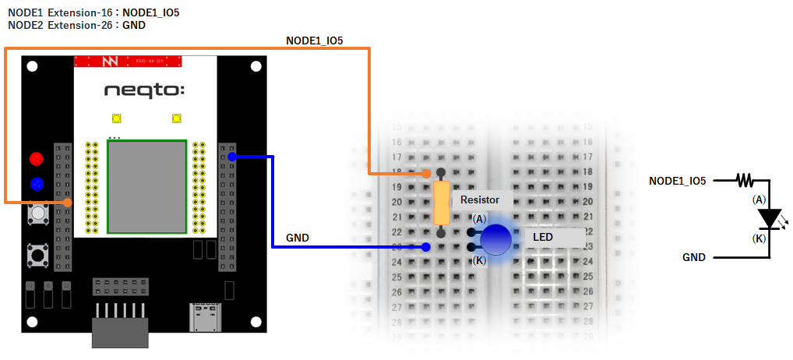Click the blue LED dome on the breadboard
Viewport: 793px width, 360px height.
(x=496, y=240)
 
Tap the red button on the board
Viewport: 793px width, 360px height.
(x=36, y=159)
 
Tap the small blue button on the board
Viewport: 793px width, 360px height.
(x=36, y=185)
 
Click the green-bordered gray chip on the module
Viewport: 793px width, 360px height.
(x=147, y=186)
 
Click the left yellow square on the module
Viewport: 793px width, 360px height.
(x=117, y=118)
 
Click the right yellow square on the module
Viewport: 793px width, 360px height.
(x=177, y=118)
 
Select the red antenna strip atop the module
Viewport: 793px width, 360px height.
(x=128, y=61)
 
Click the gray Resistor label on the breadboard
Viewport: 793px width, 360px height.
(x=480, y=200)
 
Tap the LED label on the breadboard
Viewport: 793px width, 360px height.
(x=543, y=236)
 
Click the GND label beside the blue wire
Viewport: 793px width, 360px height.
(x=298, y=237)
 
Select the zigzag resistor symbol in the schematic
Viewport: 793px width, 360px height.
(x=745, y=181)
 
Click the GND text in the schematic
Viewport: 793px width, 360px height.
(x=694, y=257)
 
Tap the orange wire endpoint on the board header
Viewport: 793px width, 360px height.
(x=68, y=203)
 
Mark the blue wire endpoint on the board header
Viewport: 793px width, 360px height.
(x=231, y=157)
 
